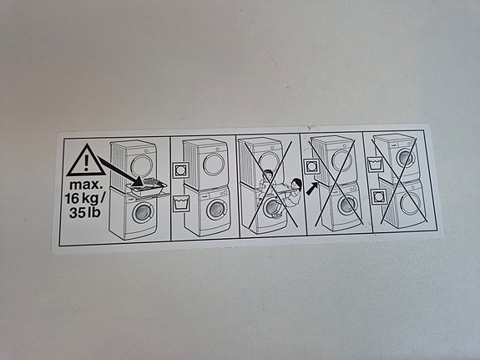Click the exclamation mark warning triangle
tap(86, 160)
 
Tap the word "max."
tap(85, 185)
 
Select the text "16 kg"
tap(82, 199)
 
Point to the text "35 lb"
tap(85, 212)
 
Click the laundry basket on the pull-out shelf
tap(147, 187)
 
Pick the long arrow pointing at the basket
tap(120, 170)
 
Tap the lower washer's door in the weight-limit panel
tap(143, 212)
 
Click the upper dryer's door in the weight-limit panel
tap(141, 166)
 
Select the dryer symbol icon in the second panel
tap(180, 170)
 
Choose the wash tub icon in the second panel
tap(181, 204)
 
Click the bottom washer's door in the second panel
tap(216, 210)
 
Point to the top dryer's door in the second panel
tap(214, 165)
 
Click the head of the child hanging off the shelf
tap(296, 184)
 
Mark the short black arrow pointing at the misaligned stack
tap(312, 189)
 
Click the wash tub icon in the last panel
tap(375, 164)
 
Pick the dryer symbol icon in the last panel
tap(378, 197)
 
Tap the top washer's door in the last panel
tap(406, 158)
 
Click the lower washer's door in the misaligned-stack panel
tap(347, 205)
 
